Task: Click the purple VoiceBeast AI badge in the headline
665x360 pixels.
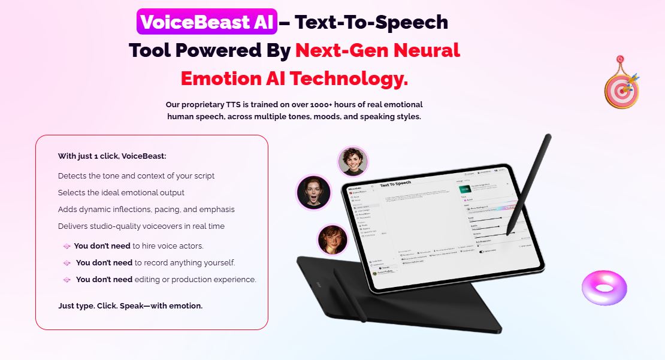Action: click(207, 23)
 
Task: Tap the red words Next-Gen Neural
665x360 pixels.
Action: click(377, 50)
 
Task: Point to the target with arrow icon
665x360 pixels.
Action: click(621, 86)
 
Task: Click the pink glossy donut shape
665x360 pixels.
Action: click(604, 288)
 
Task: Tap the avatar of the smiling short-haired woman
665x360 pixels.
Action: click(353, 161)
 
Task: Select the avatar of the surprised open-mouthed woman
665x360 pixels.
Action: click(313, 192)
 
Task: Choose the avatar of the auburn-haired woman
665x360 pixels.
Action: click(332, 239)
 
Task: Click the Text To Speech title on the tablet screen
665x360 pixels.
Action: click(396, 183)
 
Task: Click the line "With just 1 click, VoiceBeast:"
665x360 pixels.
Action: click(112, 156)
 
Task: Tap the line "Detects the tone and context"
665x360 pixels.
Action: click(136, 176)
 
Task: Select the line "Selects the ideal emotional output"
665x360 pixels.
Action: click(121, 193)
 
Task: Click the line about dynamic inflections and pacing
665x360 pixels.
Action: click(146, 210)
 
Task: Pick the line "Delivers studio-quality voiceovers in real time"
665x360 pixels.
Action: click(141, 226)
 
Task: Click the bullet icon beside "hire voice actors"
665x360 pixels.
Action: click(66, 246)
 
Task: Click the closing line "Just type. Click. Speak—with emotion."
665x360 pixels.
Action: click(130, 306)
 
